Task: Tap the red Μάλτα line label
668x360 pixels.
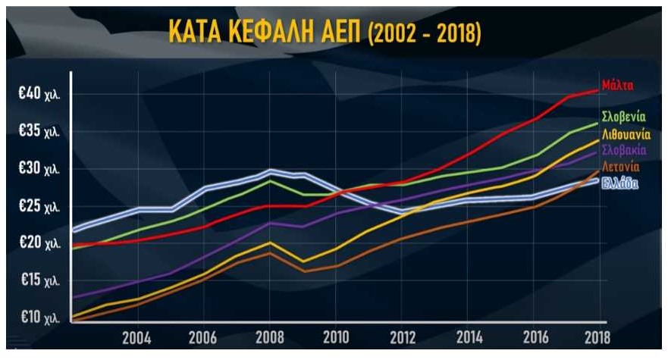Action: [618, 84]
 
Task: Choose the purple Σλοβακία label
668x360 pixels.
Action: [623, 151]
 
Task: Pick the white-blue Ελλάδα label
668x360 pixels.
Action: [620, 183]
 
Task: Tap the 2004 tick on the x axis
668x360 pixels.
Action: [136, 337]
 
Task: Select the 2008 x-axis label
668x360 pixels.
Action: [269, 337]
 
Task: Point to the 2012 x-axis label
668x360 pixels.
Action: [403, 337]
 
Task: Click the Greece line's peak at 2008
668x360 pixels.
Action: [270, 171]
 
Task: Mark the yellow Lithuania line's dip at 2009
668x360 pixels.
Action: [303, 261]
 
